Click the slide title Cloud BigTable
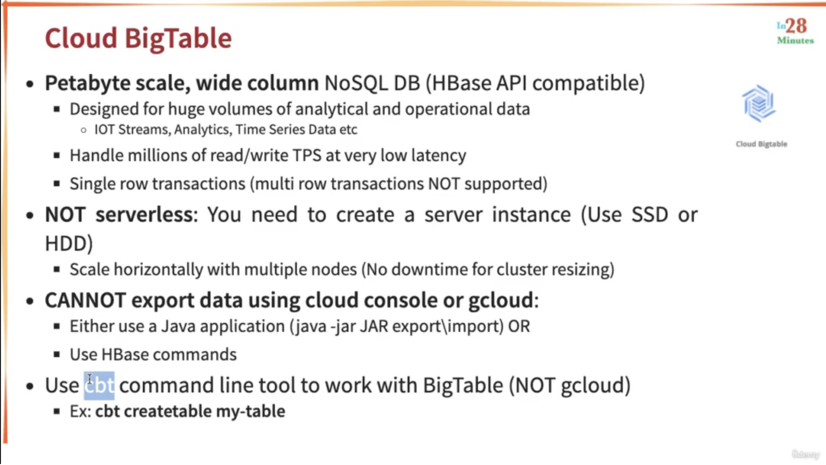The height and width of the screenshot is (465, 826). pyautogui.click(x=138, y=38)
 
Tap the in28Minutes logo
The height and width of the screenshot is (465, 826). pyautogui.click(x=795, y=32)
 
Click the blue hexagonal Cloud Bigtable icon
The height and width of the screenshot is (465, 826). pyautogui.click(x=759, y=103)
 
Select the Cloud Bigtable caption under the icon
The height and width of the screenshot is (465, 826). pyautogui.click(x=761, y=144)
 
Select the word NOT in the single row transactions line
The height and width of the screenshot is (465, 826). pyautogui.click(x=444, y=183)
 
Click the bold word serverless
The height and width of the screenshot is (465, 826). pyautogui.click(x=144, y=214)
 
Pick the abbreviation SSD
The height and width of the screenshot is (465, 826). pyautogui.click(x=649, y=214)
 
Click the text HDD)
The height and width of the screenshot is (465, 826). pyautogui.click(x=69, y=243)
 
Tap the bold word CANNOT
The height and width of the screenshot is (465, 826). pyautogui.click(x=85, y=300)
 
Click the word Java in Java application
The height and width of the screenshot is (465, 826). pyautogui.click(x=178, y=326)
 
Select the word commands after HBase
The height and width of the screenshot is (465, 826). pyautogui.click(x=195, y=354)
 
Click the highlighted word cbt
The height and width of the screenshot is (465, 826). pyautogui.click(x=99, y=385)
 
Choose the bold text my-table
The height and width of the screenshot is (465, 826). pyautogui.click(x=250, y=412)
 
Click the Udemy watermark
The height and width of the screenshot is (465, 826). pyautogui.click(x=805, y=454)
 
